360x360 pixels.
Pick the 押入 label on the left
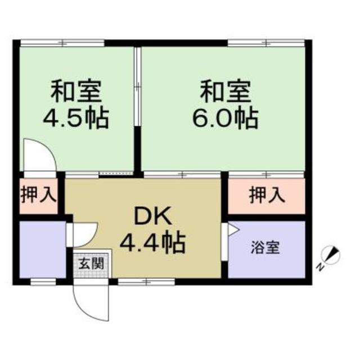(38, 196)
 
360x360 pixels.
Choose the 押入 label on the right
(267, 196)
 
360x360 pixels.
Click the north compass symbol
(332, 254)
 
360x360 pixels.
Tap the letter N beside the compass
(319, 266)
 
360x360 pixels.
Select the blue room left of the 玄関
(42, 249)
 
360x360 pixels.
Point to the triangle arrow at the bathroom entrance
(232, 230)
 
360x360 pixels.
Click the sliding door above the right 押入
(265, 175)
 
